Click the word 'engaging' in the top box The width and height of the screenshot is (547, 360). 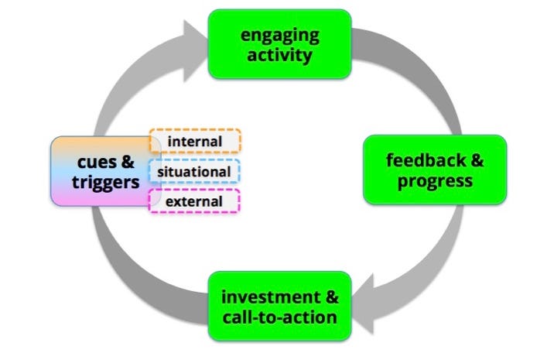(x=280, y=36)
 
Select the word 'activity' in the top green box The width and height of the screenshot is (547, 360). (x=279, y=56)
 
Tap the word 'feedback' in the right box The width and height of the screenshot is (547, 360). (x=426, y=160)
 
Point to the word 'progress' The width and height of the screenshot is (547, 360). (x=435, y=182)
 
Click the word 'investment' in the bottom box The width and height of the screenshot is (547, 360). (x=271, y=297)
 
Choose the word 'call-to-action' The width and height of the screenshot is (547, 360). (x=280, y=317)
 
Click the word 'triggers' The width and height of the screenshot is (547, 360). (x=106, y=183)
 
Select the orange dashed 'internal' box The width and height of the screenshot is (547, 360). (x=195, y=141)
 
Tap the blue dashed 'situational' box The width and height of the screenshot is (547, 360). (x=194, y=171)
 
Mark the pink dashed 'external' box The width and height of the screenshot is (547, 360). (x=194, y=201)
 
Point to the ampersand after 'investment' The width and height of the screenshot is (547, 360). (x=332, y=297)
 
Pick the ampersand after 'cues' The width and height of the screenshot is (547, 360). (x=128, y=162)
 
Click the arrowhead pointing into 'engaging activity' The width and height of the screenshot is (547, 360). (x=195, y=51)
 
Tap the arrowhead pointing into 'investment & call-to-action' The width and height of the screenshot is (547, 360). (x=364, y=303)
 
